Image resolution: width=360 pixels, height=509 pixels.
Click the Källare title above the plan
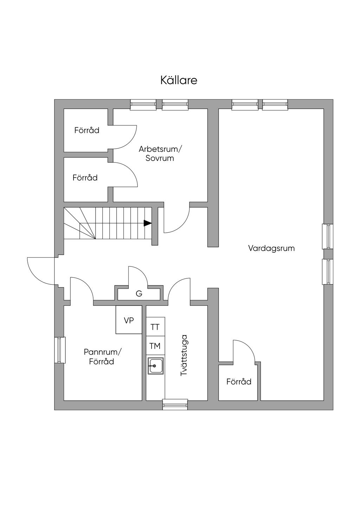click(x=179, y=80)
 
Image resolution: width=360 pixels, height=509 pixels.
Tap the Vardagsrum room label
click(x=271, y=248)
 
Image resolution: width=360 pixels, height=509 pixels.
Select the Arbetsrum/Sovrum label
click(x=160, y=154)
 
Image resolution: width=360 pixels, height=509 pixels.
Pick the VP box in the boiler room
click(x=129, y=320)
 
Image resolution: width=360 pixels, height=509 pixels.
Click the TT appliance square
click(x=155, y=327)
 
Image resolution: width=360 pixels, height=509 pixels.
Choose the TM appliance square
click(x=155, y=346)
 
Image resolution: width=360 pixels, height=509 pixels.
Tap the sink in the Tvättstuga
click(x=155, y=366)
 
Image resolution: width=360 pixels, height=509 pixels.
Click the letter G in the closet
click(x=139, y=294)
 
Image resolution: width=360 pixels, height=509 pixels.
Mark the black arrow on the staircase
click(x=148, y=223)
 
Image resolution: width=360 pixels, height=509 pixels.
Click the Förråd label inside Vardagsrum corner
click(x=239, y=381)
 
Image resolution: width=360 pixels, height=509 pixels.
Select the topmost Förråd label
click(x=87, y=130)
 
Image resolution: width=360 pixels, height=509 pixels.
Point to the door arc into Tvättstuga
click(x=175, y=284)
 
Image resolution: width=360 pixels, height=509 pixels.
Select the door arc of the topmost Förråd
click(x=130, y=141)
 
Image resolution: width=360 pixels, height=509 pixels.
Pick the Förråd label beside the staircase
click(x=85, y=178)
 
